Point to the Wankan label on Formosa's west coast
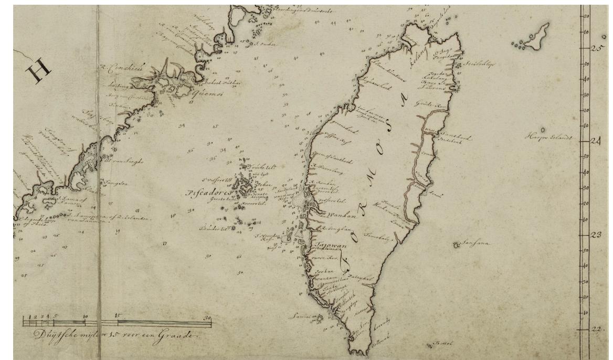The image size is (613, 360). (x=340, y=215)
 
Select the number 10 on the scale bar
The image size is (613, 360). (x=86, y=316)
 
